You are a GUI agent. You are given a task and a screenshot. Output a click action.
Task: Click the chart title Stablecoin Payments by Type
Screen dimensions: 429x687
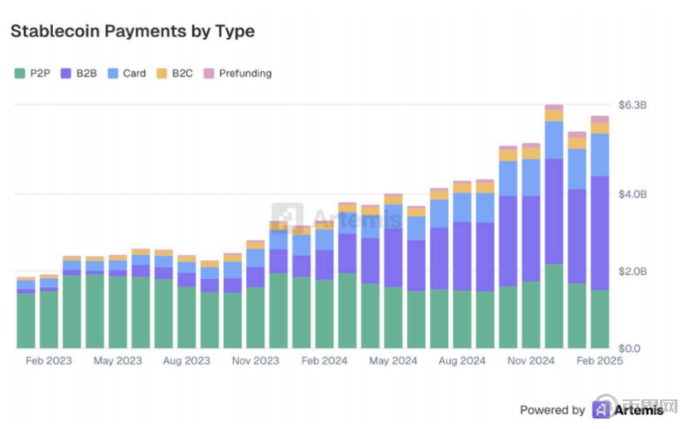(132, 31)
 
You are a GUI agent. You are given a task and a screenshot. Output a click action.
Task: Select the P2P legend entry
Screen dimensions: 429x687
(33, 74)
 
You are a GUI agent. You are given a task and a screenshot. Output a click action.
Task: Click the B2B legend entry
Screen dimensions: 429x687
(80, 74)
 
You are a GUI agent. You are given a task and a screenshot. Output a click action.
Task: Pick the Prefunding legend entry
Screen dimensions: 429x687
(238, 74)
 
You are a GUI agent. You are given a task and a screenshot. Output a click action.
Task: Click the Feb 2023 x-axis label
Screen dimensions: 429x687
(48, 361)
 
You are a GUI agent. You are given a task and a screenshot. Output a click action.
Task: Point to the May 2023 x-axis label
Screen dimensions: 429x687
(117, 361)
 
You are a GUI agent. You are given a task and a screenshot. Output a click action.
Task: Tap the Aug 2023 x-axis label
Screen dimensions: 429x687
(186, 361)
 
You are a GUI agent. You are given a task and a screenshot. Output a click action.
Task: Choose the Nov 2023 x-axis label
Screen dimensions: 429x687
(255, 361)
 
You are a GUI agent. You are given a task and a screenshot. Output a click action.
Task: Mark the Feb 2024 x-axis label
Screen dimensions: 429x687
(324, 361)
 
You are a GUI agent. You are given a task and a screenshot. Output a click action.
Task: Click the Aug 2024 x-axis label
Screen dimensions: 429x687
(462, 361)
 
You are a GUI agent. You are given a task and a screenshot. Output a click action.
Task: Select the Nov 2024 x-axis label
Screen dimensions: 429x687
(530, 361)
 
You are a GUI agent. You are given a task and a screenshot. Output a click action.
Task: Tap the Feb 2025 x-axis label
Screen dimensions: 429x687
(599, 361)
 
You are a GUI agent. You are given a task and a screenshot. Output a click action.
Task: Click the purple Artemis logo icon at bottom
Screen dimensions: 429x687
(601, 410)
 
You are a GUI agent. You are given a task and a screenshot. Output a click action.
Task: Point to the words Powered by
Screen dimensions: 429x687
(552, 410)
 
